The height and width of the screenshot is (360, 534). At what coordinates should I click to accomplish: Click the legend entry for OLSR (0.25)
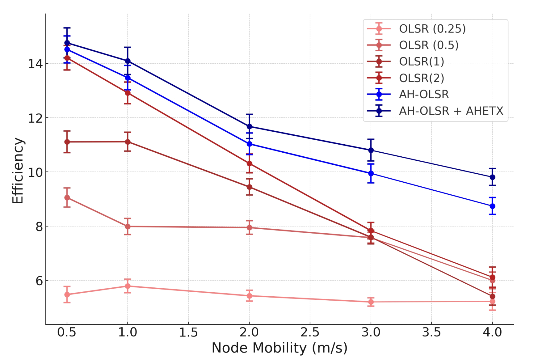point(432,29)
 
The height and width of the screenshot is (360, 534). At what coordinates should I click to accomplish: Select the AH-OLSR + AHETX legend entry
point(451,111)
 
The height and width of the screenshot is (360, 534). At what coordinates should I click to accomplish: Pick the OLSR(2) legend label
point(422,78)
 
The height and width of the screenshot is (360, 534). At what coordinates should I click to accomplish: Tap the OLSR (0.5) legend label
point(429,45)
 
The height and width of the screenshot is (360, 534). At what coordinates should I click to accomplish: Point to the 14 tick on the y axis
point(35,64)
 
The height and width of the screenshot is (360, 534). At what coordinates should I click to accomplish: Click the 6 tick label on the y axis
point(39,281)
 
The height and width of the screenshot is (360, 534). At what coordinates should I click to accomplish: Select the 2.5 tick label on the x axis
point(310,332)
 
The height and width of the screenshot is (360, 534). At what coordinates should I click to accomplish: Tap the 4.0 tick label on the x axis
point(492,332)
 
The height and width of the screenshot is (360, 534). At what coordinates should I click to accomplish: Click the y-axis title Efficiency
point(18,171)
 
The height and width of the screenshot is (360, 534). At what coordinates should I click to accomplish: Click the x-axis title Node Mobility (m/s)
point(279,348)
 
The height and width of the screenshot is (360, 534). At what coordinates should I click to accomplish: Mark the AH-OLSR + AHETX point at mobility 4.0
point(492,177)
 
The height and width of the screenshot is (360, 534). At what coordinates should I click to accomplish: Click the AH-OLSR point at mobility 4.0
point(492,206)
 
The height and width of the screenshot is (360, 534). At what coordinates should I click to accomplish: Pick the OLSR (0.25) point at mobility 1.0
point(128,286)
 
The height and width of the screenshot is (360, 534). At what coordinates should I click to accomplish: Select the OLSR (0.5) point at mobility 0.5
point(67,198)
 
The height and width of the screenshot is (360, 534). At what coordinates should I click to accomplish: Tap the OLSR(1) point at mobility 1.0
point(128,142)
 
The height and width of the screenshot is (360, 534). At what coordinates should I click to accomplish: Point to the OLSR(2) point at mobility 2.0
point(249,163)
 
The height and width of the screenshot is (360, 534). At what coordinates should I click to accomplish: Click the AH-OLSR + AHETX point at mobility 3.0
point(371,150)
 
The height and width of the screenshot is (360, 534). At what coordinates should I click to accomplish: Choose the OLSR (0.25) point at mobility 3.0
point(371,302)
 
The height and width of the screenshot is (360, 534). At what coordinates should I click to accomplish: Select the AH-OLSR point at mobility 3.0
point(371,173)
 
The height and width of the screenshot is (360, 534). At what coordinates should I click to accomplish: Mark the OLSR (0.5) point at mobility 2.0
point(249,228)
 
